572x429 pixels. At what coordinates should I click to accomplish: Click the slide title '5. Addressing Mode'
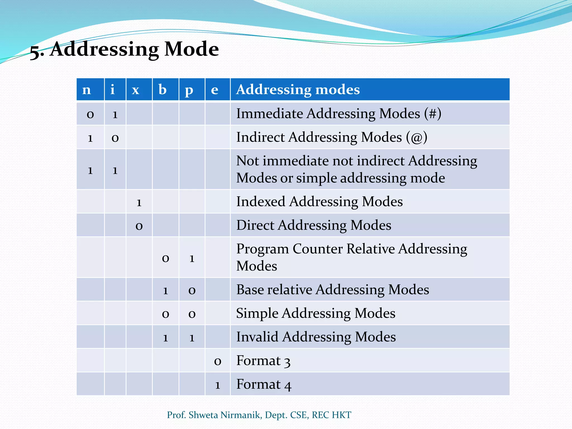[124, 49]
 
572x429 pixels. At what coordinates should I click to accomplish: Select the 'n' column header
[87, 90]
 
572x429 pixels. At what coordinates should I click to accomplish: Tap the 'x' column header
[136, 90]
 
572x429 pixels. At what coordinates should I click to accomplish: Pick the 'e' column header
[214, 90]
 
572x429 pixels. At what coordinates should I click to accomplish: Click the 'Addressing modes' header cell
[298, 90]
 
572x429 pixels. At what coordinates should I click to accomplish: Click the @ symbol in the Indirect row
[417, 137]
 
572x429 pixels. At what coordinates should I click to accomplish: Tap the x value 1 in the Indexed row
[139, 202]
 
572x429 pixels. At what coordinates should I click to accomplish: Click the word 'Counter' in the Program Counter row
[318, 249]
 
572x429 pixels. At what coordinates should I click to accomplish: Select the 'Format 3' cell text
[263, 361]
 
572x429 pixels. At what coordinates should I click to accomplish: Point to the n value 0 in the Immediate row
[90, 115]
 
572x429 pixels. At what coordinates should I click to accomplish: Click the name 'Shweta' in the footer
[203, 415]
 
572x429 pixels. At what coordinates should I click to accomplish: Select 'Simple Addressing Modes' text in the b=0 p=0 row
[316, 313]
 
